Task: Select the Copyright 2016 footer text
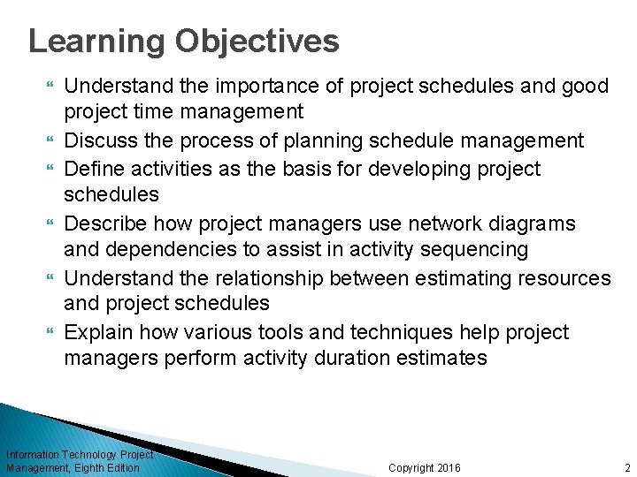(x=424, y=467)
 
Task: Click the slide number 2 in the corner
(x=626, y=467)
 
